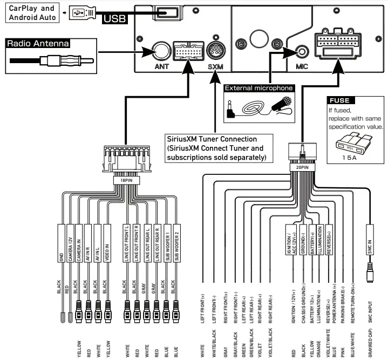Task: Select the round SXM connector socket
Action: click(x=216, y=52)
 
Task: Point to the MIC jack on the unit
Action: click(x=302, y=52)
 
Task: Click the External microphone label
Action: click(x=258, y=87)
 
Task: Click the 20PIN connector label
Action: click(x=302, y=168)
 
